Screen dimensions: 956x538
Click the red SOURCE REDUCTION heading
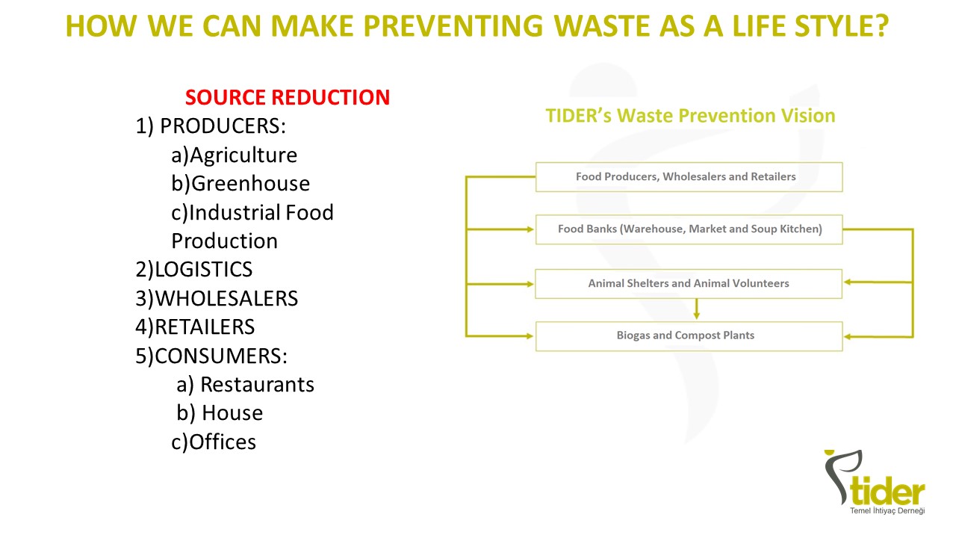(288, 97)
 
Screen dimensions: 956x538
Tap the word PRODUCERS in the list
(223, 126)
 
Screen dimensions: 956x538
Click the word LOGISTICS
(203, 270)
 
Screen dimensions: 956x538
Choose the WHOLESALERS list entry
(226, 298)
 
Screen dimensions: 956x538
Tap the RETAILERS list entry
(205, 327)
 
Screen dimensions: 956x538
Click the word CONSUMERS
(220, 356)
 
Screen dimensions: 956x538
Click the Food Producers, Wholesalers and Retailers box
(689, 177)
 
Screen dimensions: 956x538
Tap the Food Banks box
(689, 229)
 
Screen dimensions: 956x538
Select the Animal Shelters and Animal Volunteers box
(689, 283)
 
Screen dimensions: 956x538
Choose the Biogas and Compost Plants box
(689, 336)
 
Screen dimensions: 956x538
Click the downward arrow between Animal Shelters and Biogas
(697, 309)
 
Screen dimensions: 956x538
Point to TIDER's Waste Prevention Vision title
(690, 116)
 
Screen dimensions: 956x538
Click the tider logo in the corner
(875, 483)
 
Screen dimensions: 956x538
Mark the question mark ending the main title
(878, 26)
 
